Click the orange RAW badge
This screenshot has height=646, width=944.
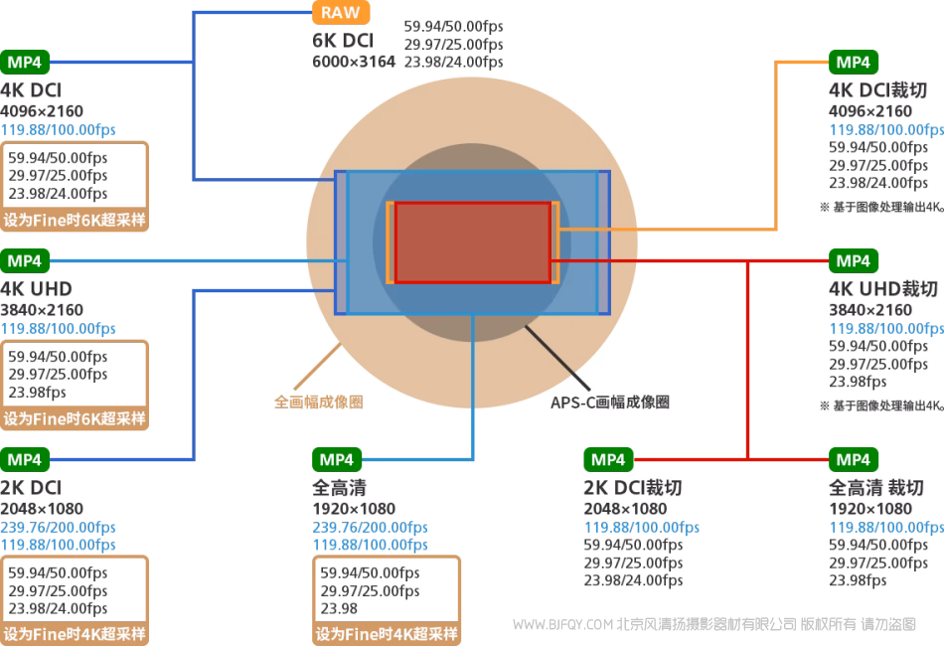341,13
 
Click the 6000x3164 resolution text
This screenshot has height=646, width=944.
354,62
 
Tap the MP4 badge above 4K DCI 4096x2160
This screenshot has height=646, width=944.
25,62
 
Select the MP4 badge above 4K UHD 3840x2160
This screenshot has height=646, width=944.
25,260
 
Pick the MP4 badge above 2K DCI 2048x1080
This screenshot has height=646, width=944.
25,459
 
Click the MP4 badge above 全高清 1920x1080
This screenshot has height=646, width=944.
337,459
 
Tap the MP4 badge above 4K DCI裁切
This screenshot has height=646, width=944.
853,62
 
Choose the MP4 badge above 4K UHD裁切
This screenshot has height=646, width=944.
853,260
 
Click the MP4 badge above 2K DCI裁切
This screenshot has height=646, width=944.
608,459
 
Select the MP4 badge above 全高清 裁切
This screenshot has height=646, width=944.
853,459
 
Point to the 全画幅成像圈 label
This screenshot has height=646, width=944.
318,403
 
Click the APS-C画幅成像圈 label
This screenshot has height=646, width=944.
610,403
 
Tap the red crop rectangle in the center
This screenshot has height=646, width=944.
472,242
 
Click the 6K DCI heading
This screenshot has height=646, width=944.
342,43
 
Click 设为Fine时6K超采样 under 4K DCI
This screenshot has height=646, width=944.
75,220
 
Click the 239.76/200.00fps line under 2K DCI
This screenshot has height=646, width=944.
58,527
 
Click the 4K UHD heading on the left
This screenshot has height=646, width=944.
36,289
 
